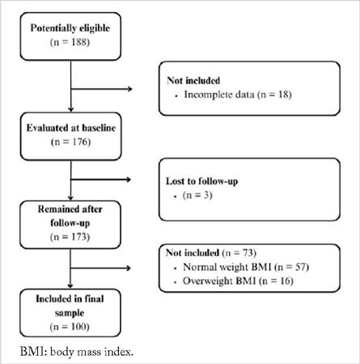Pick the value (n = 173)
coord(73,238)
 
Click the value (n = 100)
coord(73,328)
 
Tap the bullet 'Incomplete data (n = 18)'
coord(239,94)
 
